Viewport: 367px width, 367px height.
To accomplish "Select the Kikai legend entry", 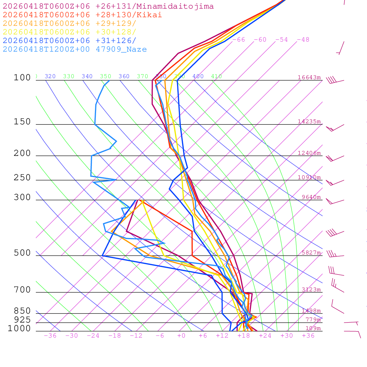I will click(82, 15).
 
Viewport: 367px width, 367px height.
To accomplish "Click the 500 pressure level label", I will click(22, 253).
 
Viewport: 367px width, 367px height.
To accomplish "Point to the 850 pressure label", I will click(22, 311).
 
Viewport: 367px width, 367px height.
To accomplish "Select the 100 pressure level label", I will click(22, 78).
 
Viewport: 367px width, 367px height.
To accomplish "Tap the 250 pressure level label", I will click(22, 178).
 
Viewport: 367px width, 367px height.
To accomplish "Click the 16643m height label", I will click(309, 77).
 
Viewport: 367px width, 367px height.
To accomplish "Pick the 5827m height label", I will click(311, 253).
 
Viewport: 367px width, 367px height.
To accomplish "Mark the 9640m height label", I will click(311, 197).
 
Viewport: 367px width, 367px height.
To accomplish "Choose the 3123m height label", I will click(311, 290).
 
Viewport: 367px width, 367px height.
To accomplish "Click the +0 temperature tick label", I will click(181, 336).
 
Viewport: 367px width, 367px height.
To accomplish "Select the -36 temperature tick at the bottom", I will click(50, 336).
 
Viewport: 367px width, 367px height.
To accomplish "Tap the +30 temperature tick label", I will click(287, 336).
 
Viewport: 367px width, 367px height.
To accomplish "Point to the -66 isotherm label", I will click(238, 40).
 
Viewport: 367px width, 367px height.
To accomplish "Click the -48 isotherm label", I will click(303, 40).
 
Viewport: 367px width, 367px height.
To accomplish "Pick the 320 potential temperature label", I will click(50, 76).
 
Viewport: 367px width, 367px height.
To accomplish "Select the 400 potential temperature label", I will click(198, 76).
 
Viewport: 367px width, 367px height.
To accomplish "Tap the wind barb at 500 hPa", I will click(334, 255).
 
